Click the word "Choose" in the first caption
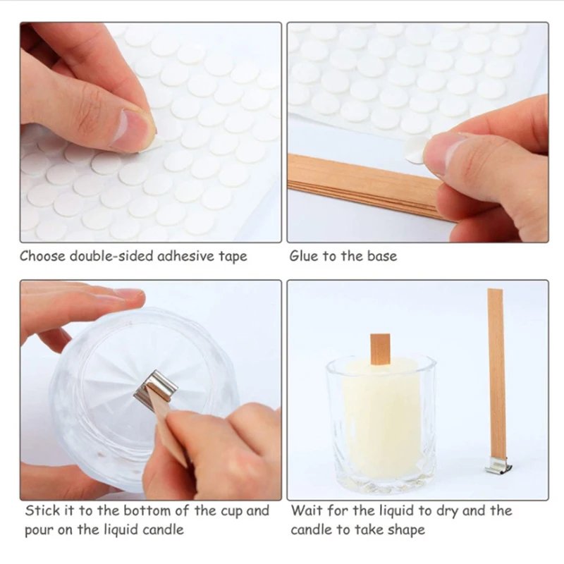click(42, 256)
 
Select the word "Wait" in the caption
click(307, 510)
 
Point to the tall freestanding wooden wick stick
click(496, 374)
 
